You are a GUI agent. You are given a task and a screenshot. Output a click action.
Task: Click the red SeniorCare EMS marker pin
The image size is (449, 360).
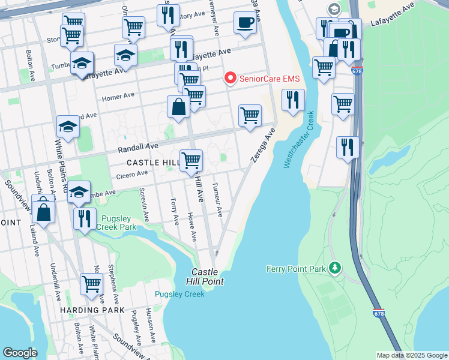pos(229,79)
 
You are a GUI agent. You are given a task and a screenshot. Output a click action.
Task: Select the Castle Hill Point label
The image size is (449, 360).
pos(208,277)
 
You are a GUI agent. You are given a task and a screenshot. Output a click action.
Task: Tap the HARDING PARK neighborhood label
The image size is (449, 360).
pos(92,310)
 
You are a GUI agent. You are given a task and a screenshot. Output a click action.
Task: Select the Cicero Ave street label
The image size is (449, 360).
pos(132,174)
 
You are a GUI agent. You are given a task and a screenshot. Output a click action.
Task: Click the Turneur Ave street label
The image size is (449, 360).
pos(219,199)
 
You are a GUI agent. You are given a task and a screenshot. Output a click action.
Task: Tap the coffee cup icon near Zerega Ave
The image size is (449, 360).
pos(244,23)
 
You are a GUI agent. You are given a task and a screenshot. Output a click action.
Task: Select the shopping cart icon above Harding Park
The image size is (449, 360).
pos(91,283)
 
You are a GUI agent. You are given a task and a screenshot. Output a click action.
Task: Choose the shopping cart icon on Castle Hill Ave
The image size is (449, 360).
pos(191,160)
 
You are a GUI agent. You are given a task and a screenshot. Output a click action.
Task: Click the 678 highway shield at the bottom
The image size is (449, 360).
pos(378,313)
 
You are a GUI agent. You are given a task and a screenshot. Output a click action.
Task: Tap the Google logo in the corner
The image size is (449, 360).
pos(20,353)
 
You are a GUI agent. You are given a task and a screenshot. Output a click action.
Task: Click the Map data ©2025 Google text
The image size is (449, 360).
pos(411,355)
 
